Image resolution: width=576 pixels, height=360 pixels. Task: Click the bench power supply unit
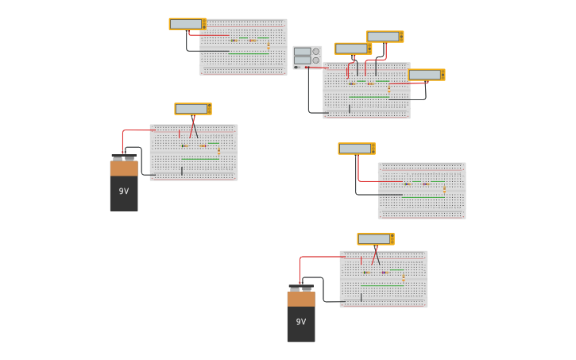[x=307, y=56]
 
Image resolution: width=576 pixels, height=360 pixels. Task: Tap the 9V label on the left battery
[x=124, y=192]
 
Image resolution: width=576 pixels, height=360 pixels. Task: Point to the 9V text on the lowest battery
[x=301, y=322]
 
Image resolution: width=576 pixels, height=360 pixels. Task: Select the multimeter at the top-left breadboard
[x=187, y=24]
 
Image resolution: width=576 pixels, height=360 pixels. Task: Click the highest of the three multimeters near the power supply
[x=385, y=37]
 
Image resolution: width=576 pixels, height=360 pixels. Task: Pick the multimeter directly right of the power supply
[x=353, y=48]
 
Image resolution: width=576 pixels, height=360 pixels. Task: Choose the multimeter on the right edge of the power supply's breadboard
[x=427, y=75]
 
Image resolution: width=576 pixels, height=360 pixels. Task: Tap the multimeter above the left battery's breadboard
[x=193, y=109]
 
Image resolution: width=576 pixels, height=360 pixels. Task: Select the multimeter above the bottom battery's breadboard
[x=375, y=239]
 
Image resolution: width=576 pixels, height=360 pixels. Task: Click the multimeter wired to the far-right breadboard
[x=356, y=149]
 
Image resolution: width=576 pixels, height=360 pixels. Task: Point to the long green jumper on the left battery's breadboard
[x=199, y=160]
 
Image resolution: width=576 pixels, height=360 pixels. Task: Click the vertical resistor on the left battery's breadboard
[x=218, y=150]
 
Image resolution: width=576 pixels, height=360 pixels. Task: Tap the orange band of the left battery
[x=124, y=168]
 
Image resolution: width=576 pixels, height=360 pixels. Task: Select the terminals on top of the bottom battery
[x=301, y=288]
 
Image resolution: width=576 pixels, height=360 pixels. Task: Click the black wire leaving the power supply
[x=309, y=91]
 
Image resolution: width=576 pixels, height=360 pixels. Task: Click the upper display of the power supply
[x=302, y=52]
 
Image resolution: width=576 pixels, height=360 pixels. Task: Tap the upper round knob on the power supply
[x=315, y=52]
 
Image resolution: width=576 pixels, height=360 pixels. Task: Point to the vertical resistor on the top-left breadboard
[x=269, y=46]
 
